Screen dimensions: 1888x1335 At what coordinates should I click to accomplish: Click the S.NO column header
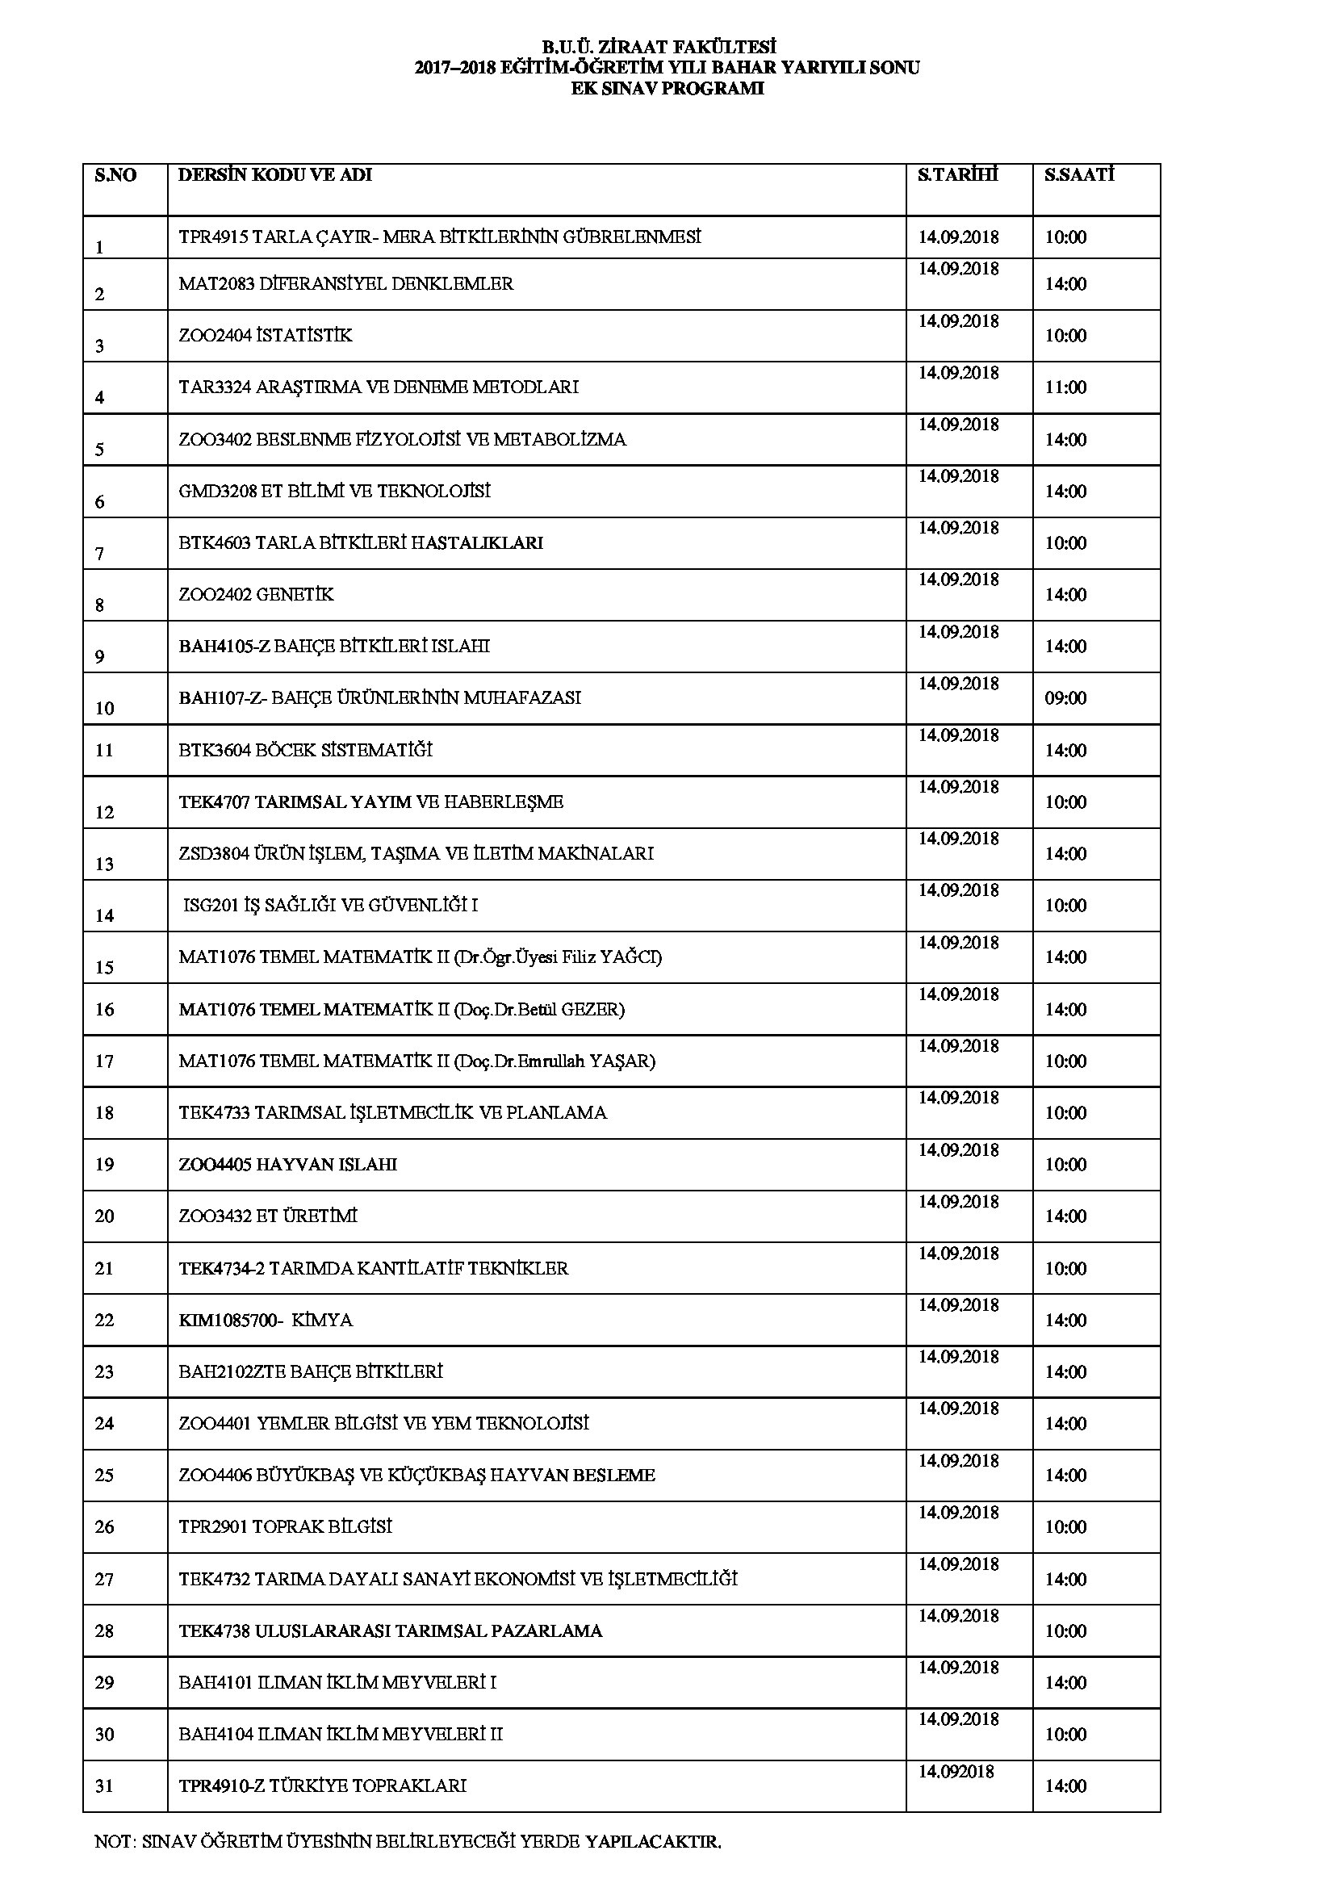(x=116, y=175)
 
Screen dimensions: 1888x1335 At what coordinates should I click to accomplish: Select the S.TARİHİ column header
(x=958, y=175)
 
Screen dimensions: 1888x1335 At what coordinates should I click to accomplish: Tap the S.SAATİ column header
(x=1079, y=175)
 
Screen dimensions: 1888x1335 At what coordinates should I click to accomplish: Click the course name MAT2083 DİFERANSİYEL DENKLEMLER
(x=346, y=284)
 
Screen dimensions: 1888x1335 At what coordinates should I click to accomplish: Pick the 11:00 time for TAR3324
(x=1065, y=387)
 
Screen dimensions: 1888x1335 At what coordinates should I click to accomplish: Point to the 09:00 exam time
(x=1065, y=698)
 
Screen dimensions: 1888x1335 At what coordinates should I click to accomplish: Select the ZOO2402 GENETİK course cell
(x=257, y=595)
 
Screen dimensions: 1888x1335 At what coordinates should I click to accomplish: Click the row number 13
(x=104, y=864)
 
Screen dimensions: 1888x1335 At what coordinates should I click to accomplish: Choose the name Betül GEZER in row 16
(x=580, y=1009)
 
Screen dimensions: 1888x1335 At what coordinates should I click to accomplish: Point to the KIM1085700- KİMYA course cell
(x=266, y=1321)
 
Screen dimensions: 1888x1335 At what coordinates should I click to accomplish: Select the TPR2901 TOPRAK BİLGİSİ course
(x=285, y=1527)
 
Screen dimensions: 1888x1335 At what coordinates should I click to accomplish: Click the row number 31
(x=104, y=1786)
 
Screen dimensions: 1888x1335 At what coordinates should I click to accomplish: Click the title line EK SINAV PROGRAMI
(x=667, y=89)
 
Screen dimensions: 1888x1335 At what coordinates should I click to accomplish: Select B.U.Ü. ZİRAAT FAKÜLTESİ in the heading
(x=667, y=48)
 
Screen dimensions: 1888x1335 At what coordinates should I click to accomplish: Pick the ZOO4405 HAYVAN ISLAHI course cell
(x=287, y=1166)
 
